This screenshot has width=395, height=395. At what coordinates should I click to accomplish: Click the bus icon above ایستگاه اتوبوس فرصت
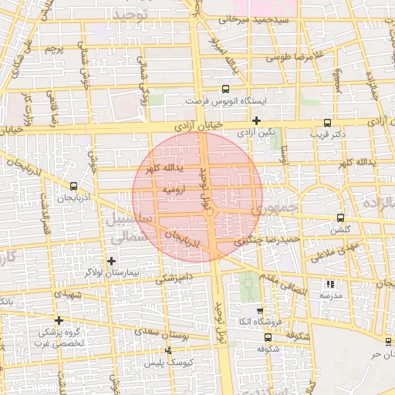point(225,89)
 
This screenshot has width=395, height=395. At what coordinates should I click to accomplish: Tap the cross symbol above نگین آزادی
point(256,120)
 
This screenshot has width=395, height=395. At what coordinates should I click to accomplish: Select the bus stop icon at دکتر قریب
point(328,122)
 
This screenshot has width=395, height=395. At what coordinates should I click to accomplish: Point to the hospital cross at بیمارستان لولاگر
point(113,261)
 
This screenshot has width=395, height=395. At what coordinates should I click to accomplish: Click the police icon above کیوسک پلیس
point(168,350)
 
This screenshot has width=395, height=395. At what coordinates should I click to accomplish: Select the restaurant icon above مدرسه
point(330,284)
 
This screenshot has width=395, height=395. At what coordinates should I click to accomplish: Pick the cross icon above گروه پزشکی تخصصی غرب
point(59,319)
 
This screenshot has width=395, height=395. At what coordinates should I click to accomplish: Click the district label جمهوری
point(276,208)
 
